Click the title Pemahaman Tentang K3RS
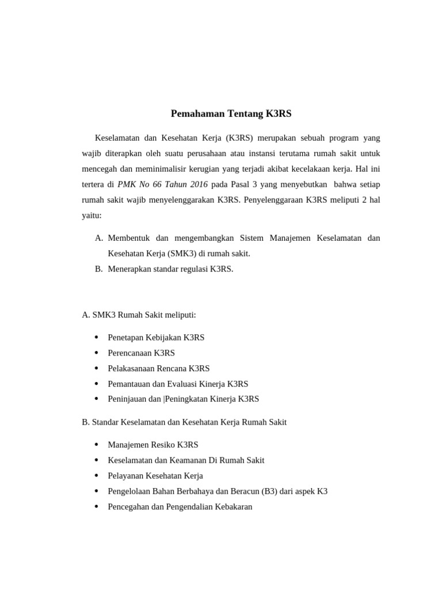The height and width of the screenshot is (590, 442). click(x=231, y=114)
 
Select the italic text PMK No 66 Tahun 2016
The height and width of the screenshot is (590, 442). click(x=162, y=184)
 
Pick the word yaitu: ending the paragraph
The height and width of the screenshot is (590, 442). click(x=92, y=215)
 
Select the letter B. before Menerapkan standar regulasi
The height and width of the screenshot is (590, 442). click(x=98, y=269)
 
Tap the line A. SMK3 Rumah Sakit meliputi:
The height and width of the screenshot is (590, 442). click(x=139, y=315)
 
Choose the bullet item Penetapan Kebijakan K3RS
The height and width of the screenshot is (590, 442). click(x=156, y=338)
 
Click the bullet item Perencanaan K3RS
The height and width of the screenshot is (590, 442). click(x=141, y=353)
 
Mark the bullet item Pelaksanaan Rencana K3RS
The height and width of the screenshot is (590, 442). click(x=158, y=368)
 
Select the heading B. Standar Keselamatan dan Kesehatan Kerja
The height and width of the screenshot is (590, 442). click(x=184, y=422)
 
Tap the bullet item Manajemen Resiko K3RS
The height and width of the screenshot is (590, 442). click(x=153, y=445)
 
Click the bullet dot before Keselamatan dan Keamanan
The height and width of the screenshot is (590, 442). click(x=96, y=460)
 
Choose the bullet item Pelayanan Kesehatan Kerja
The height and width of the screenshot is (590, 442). click(x=155, y=476)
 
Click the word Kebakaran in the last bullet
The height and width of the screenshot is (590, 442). click(x=233, y=507)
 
